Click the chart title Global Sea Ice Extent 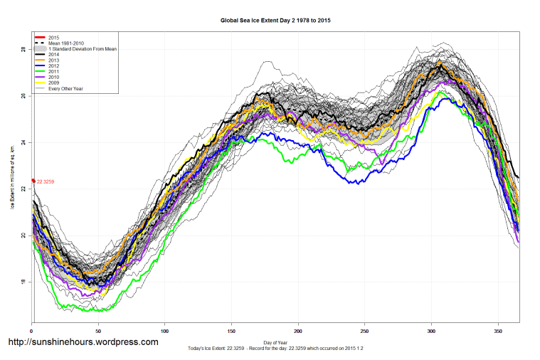pyautogui.click(x=275, y=21)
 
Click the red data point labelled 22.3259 pyautogui.click(x=33, y=181)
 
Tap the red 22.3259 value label pyautogui.click(x=46, y=181)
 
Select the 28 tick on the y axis pyautogui.click(x=23, y=50)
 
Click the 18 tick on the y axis pyautogui.click(x=23, y=282)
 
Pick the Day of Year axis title pyautogui.click(x=275, y=342)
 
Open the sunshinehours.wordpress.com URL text pyautogui.click(x=83, y=342)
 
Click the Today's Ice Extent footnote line pyautogui.click(x=275, y=348)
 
